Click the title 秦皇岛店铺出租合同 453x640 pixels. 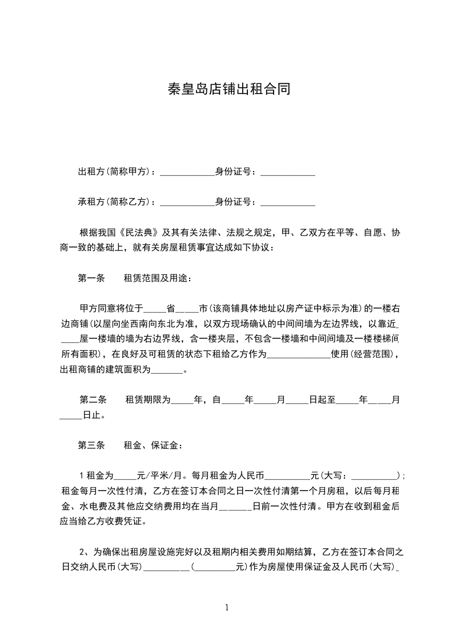point(226,89)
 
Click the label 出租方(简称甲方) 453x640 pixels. point(114,171)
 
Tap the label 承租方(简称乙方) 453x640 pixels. point(114,201)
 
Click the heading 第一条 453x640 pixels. point(91,278)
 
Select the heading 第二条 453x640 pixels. point(91,400)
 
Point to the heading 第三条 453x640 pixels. point(91,445)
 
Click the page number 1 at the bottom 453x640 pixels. point(227,607)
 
